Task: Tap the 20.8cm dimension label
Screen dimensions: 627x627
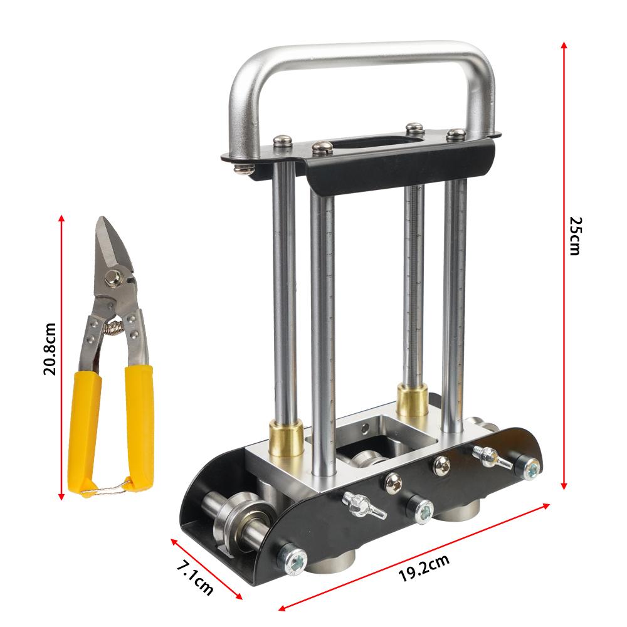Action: (50, 349)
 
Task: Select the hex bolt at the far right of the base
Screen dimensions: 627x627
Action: (530, 466)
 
